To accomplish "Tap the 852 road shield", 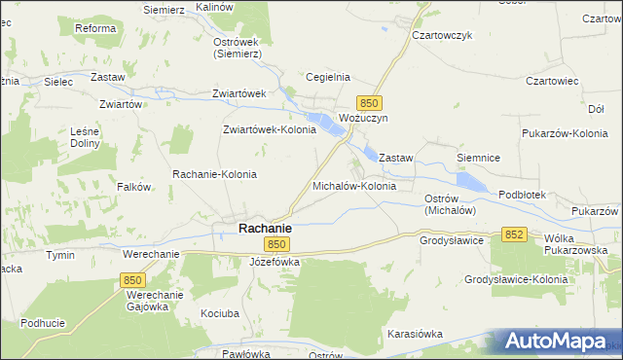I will [515, 234].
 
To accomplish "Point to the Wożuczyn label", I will [363, 118].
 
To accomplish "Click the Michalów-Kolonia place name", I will [353, 185].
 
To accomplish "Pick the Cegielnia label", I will [327, 77].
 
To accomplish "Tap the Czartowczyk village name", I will [442, 34].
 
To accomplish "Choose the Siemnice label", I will [478, 157].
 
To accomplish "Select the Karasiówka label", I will [415, 334].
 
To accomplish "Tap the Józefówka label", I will [275, 262].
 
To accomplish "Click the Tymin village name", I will [60, 254].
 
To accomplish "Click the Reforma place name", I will [96, 29].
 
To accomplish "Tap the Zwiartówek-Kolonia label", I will [270, 128].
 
